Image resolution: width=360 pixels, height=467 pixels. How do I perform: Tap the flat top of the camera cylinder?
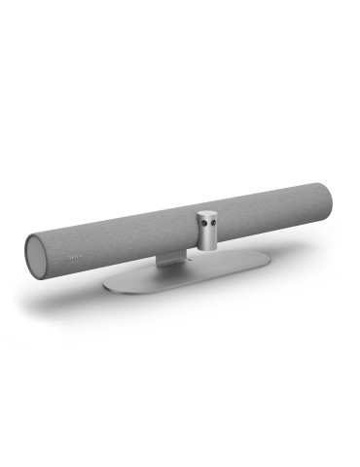207,212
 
